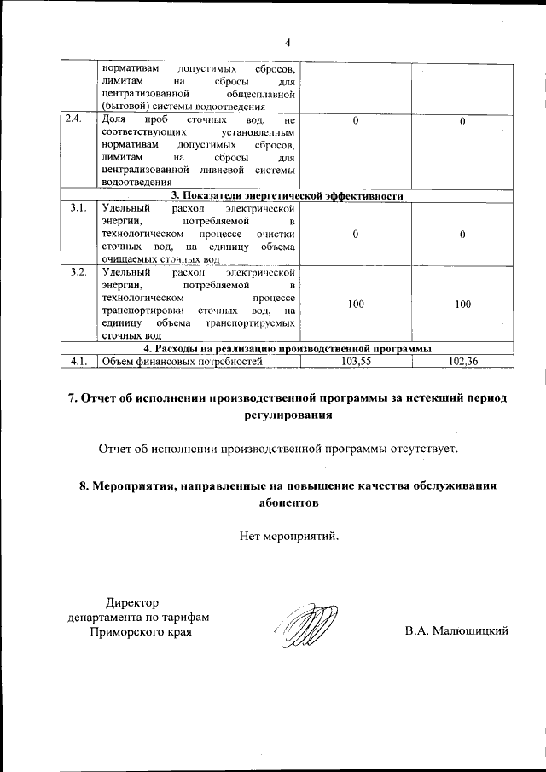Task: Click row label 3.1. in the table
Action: point(78,208)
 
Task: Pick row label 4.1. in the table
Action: point(78,362)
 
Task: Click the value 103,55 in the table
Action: point(357,362)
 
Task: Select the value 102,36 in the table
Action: point(462,362)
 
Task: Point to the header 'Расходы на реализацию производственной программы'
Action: point(287,349)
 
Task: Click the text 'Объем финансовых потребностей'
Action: point(180,362)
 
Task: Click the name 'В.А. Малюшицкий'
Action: point(456,630)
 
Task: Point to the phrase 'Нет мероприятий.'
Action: point(289,537)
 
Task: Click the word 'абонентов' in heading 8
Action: point(288,502)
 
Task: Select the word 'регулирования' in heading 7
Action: point(288,415)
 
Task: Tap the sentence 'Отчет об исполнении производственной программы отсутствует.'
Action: point(278,448)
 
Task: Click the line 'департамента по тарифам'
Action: point(139,618)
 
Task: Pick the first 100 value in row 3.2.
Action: point(357,304)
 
